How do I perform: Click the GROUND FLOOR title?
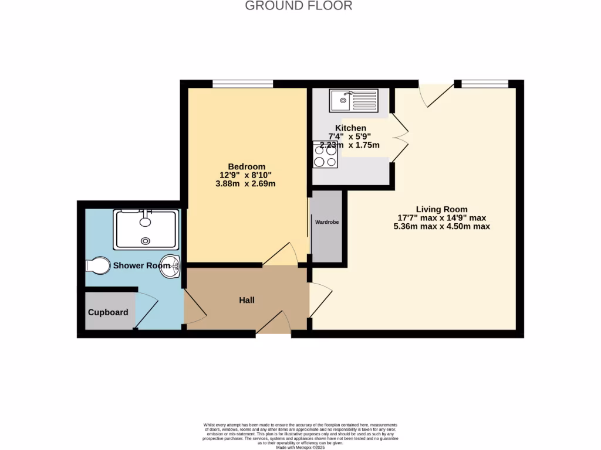(298, 6)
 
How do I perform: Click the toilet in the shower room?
(97, 265)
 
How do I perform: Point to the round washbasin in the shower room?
(170, 265)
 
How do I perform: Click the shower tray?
(146, 229)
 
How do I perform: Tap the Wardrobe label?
(327, 222)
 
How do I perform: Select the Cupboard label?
(108, 312)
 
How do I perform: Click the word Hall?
(247, 300)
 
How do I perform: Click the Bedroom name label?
(246, 166)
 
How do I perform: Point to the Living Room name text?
(441, 209)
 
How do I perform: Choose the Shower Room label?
(141, 265)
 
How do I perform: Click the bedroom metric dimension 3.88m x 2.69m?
(246, 183)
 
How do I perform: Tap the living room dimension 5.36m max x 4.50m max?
(441, 226)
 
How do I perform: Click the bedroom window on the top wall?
(242, 84)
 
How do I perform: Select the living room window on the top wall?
(484, 84)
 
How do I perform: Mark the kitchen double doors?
(400, 138)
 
